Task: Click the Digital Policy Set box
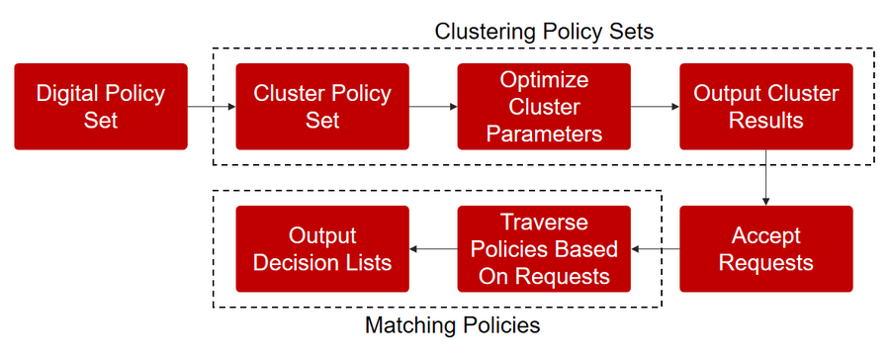point(101,107)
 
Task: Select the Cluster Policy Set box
point(322,107)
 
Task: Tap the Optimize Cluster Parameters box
point(544,107)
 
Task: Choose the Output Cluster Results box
point(765,107)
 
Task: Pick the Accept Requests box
point(765,248)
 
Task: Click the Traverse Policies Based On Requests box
point(544,248)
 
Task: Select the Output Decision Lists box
point(322,248)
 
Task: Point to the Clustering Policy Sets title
point(544,32)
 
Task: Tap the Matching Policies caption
point(452,325)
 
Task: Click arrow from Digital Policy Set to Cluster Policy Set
point(212,106)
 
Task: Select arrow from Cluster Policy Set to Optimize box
point(433,106)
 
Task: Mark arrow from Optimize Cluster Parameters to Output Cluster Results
point(655,106)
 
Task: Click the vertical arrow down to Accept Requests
point(765,178)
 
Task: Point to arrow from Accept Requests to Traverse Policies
point(655,248)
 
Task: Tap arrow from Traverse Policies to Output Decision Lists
point(433,248)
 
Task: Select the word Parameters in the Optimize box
point(544,135)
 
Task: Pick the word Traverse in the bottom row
point(544,222)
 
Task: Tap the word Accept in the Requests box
point(765,235)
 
